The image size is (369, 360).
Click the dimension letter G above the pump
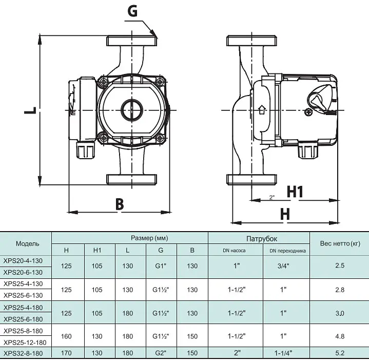pos(132,11)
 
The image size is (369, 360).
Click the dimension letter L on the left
pos(30,110)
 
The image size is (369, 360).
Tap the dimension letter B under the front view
pos(120,204)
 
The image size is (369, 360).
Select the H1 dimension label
pos(295,192)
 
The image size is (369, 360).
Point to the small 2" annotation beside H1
pos(272,197)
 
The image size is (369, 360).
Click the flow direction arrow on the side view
pos(262,110)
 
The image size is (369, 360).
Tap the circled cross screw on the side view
pos(308,112)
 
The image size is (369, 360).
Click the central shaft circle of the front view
pos(132,110)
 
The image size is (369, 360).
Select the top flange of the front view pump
pos(132,41)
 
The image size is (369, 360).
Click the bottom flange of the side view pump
pos(251,179)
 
